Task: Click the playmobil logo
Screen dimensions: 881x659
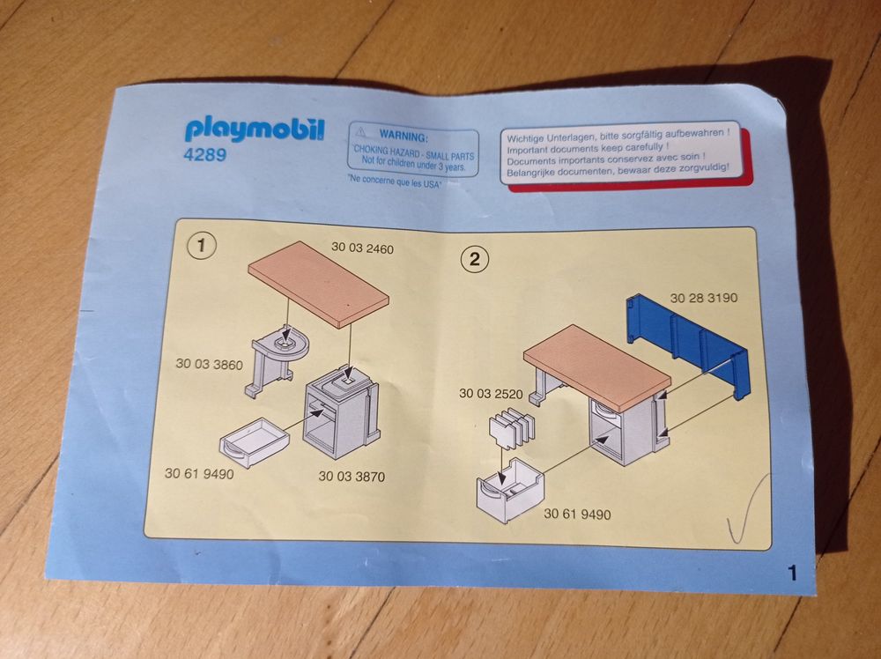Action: pos(255,130)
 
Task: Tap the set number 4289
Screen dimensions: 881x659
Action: pos(205,154)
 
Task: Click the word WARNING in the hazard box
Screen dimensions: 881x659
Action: pos(403,136)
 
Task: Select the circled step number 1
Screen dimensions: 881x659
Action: pos(201,246)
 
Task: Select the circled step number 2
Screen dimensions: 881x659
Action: pos(475,259)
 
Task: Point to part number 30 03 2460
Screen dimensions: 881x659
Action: pos(362,248)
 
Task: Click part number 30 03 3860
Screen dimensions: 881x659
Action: pos(209,364)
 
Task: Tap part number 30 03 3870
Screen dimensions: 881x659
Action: pos(352,477)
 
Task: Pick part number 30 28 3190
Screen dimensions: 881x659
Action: pos(703,298)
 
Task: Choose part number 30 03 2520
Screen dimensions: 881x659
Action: pos(491,393)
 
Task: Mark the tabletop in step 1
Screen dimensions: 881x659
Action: pos(319,284)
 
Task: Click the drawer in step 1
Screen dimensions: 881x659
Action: pos(255,442)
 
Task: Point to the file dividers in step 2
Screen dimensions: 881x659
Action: pos(512,429)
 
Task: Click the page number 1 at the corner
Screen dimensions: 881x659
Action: pos(792,574)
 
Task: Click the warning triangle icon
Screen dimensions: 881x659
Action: pos(361,132)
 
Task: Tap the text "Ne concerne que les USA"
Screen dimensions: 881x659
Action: pos(395,181)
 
